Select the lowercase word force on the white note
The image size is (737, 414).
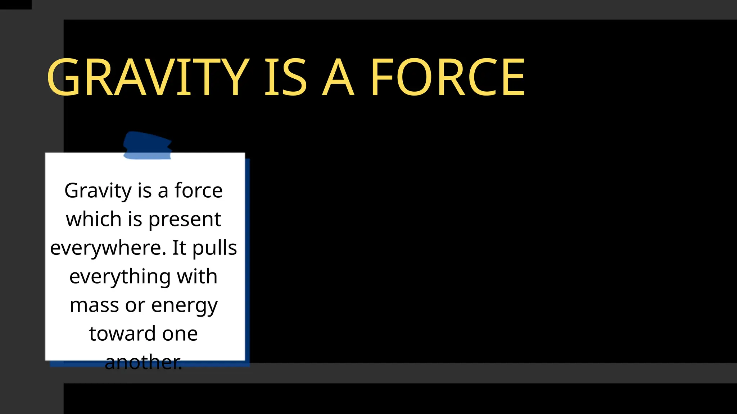(199, 190)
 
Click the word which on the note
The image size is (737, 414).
(94, 219)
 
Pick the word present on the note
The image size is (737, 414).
(185, 220)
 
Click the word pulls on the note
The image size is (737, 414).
(214, 248)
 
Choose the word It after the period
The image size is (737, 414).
(179, 248)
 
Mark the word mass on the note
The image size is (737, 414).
(94, 305)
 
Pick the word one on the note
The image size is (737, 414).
(180, 334)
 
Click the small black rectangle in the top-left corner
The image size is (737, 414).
(15, 4)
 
